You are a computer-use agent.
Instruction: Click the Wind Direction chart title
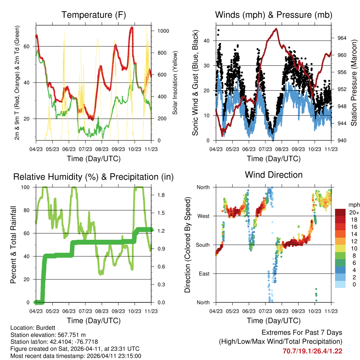(274, 174)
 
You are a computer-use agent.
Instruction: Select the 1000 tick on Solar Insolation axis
(163, 31)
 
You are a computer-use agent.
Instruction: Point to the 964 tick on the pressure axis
(342, 38)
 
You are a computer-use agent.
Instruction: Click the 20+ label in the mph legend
(353, 212)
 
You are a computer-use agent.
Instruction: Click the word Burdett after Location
(43, 327)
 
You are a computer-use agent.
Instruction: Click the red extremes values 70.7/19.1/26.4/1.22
(312, 351)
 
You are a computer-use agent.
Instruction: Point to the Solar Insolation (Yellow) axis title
(175, 83)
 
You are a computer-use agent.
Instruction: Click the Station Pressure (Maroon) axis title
(354, 83)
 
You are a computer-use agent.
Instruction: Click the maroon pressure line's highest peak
(276, 29)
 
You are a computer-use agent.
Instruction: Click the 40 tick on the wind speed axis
(208, 40)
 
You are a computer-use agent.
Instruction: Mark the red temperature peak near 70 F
(131, 27)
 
